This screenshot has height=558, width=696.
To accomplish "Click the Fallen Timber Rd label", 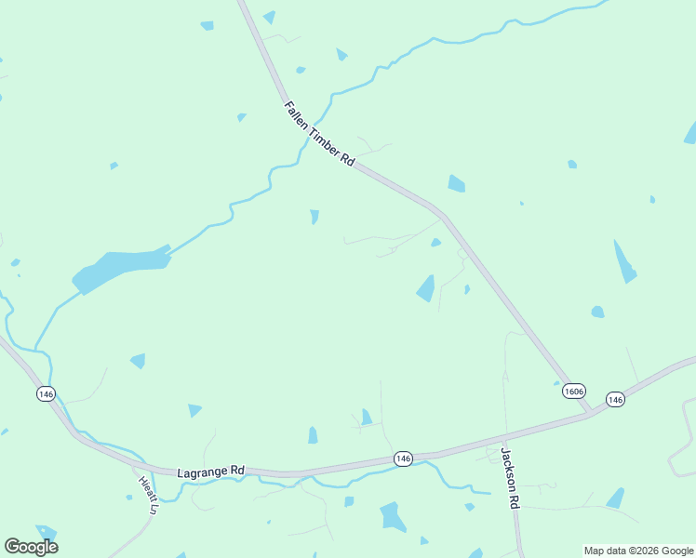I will coord(319,134).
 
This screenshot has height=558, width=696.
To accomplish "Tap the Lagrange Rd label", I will coord(210,472).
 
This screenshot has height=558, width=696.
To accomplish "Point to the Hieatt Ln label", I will coord(147,495).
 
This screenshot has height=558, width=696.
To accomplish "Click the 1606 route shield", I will coord(574,392).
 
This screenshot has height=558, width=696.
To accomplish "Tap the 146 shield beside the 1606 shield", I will coord(614,399).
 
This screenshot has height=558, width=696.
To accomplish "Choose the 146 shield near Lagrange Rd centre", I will coord(402,458).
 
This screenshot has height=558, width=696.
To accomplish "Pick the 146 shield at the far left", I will coord(47,394).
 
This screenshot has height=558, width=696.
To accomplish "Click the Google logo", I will coord(31,547).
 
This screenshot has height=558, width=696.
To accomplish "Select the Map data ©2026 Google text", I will coord(638,551).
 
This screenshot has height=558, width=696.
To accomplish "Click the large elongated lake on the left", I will coord(119,267).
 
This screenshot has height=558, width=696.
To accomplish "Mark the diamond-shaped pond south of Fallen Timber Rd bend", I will coord(426,288).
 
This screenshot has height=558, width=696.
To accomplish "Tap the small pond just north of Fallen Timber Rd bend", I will coord(456,183).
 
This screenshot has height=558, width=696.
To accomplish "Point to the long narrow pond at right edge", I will coord(624,261).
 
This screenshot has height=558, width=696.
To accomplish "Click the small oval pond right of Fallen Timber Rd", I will coord(597,312).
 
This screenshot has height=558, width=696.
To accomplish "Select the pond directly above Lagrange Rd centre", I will coord(313,435).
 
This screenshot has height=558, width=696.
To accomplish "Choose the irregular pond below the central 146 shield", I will coord(392,516).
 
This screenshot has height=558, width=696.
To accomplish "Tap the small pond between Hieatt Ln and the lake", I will coord(138,360).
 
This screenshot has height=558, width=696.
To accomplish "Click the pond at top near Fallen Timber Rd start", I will coord(270,17).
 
